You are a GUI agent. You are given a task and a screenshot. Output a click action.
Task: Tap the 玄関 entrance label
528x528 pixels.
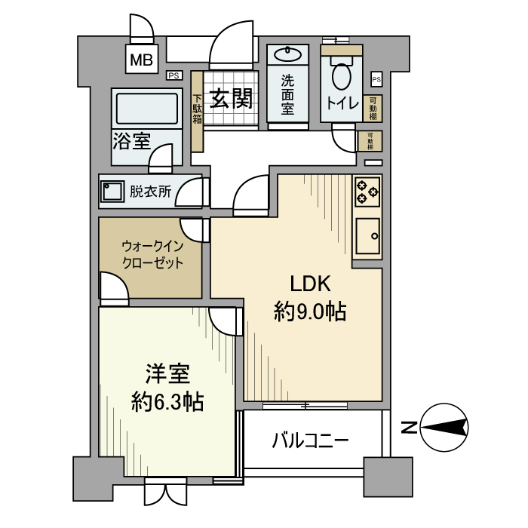pyautogui.click(x=230, y=100)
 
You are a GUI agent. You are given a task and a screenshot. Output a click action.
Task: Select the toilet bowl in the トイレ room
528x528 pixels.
pyautogui.click(x=341, y=77)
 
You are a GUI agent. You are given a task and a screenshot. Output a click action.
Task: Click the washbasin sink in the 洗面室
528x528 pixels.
pyautogui.click(x=287, y=54)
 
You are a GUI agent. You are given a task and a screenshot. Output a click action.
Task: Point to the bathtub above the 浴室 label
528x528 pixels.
pyautogui.click(x=147, y=108)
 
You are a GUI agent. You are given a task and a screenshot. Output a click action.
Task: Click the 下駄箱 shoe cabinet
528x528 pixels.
pyautogui.click(x=197, y=111)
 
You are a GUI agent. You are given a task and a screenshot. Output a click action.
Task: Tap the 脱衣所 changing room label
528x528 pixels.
pyautogui.click(x=151, y=192)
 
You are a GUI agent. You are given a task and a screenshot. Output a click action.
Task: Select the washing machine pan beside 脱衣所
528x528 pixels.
pyautogui.click(x=113, y=192)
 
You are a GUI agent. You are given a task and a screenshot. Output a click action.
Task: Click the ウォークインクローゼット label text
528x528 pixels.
pyautogui.click(x=153, y=255)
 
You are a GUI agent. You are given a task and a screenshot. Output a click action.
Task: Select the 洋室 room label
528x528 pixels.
pyautogui.click(x=167, y=374)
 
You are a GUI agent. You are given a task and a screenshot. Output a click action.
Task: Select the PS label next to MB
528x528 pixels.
pyautogui.click(x=173, y=75)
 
